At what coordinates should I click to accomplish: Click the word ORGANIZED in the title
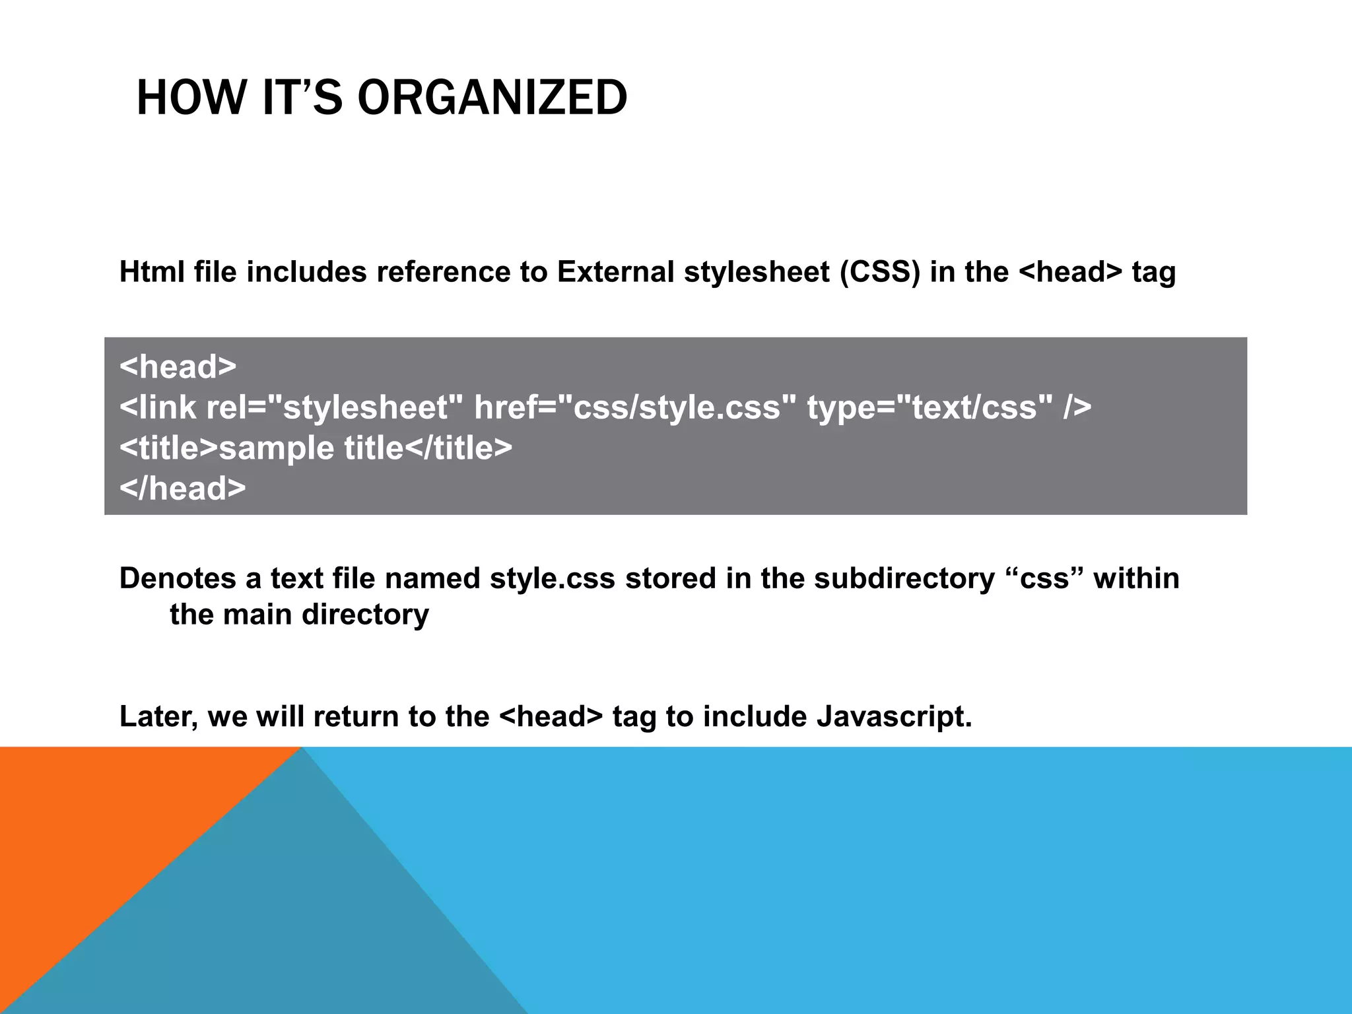492,98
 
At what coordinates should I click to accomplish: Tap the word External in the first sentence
615,272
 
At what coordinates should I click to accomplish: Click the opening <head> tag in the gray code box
178,366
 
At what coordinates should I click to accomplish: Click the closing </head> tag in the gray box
182,489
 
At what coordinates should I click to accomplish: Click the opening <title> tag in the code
168,448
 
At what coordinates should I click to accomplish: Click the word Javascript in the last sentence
894,717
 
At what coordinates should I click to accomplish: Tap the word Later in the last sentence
158,717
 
